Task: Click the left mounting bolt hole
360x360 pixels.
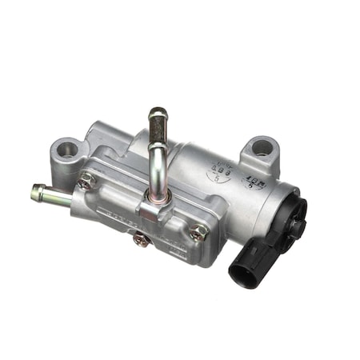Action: point(66,148)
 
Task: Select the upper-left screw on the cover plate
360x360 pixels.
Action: point(86,181)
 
